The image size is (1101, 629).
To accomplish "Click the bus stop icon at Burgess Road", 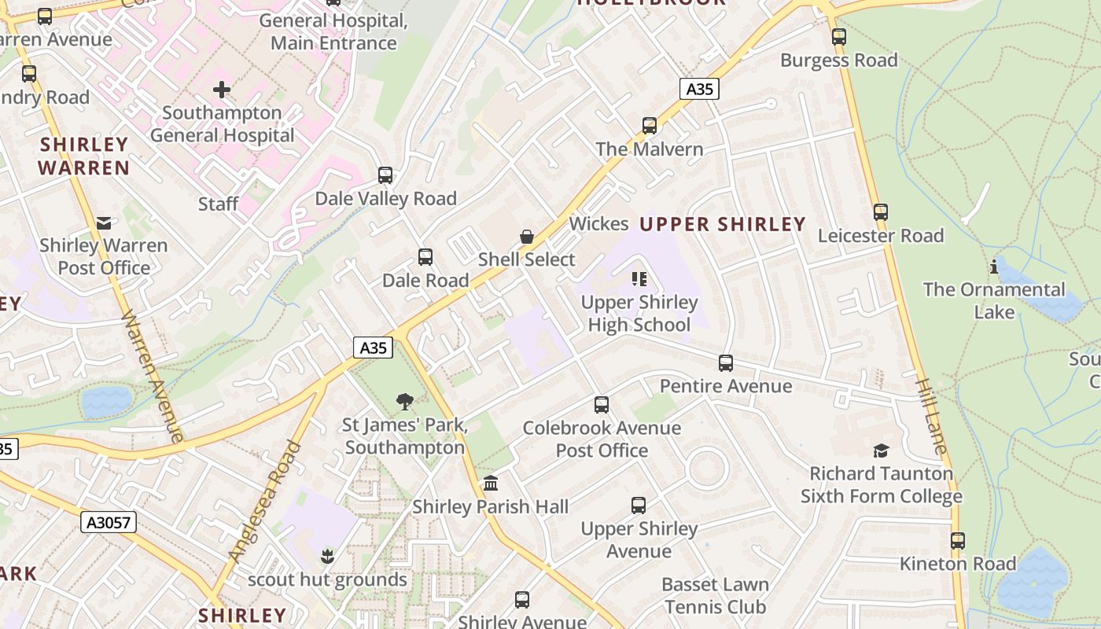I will [x=839, y=37].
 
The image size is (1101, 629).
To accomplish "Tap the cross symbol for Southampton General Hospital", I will [x=222, y=90].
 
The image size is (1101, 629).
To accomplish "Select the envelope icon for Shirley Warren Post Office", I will [x=104, y=223].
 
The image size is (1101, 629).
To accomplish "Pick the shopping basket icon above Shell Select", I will [x=527, y=237].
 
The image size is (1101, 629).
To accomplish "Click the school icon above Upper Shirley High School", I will [x=639, y=279].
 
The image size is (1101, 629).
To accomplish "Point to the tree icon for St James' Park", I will [x=405, y=402].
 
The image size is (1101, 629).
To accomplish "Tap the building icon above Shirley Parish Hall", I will [x=491, y=483].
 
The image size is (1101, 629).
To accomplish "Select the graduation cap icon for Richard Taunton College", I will [x=882, y=451].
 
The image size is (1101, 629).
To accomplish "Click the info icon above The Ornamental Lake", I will [x=994, y=267].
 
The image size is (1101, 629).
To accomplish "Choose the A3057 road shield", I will [x=109, y=522].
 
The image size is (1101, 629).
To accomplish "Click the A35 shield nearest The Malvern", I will [x=699, y=89].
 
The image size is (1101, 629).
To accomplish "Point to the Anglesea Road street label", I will [x=265, y=502].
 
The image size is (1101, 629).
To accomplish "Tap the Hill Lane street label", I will [x=932, y=415].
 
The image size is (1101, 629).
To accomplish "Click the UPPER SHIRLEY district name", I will [x=722, y=224].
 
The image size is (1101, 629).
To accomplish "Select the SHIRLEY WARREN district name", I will [x=83, y=156].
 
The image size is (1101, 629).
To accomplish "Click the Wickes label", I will [x=598, y=223].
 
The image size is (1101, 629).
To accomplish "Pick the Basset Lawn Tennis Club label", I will [x=715, y=595].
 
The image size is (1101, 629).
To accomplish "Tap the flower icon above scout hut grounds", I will [x=327, y=557].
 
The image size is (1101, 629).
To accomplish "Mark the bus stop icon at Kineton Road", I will [x=957, y=541].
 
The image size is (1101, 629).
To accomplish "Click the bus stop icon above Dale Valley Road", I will [x=385, y=175].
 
